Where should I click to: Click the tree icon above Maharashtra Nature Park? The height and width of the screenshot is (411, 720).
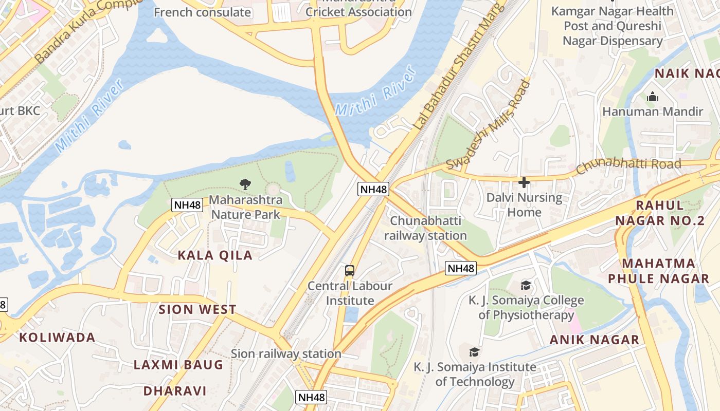[x=246, y=184]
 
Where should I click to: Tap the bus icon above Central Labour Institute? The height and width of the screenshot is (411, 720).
[x=350, y=270]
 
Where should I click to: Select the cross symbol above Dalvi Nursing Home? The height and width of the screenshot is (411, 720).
[x=524, y=182]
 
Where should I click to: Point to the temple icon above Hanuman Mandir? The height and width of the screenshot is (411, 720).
[x=653, y=97]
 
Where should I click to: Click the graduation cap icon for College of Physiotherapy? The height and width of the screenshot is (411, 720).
[x=526, y=285]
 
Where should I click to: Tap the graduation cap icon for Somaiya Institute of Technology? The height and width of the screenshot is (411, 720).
[x=474, y=352]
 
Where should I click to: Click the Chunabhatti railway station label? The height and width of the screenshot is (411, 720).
[x=425, y=228]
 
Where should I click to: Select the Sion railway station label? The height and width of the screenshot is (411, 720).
[x=286, y=353]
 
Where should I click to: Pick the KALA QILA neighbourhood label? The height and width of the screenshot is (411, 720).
[x=215, y=255]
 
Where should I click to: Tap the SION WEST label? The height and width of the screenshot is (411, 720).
[x=197, y=309]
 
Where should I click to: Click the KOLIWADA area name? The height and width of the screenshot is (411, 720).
[x=57, y=338]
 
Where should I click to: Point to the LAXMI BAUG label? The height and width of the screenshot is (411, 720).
[x=178, y=365]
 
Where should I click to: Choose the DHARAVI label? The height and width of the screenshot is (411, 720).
[x=175, y=391]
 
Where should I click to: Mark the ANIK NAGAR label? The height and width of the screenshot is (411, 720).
[x=595, y=340]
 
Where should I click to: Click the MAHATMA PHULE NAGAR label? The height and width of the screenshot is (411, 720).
[x=658, y=271]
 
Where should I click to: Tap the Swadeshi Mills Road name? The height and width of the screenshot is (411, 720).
[x=488, y=125]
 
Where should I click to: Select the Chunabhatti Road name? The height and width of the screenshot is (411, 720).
[x=628, y=165]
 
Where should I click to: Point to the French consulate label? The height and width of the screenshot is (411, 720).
[x=202, y=12]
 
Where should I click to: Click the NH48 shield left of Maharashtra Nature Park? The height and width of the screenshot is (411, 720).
[x=187, y=205]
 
